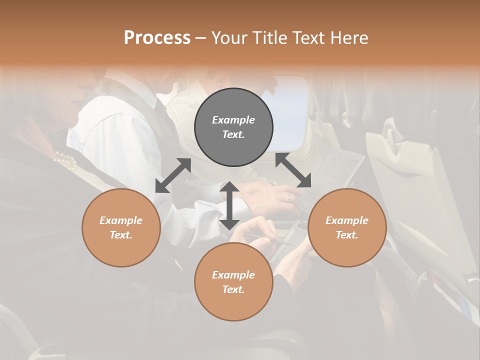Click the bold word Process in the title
click(x=157, y=38)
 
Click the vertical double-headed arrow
click(x=229, y=206)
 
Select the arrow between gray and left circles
click(x=173, y=175)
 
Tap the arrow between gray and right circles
click(x=293, y=170)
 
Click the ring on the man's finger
click(x=288, y=197)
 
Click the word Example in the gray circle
click(x=233, y=120)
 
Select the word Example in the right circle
click(x=347, y=220)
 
